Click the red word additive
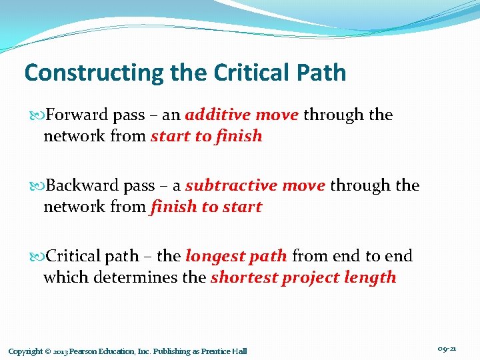tap(218, 115)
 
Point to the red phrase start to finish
tap(206, 137)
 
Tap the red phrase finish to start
tap(206, 207)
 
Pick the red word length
tap(373, 277)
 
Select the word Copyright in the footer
tap(25, 351)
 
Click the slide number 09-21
tap(447, 349)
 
